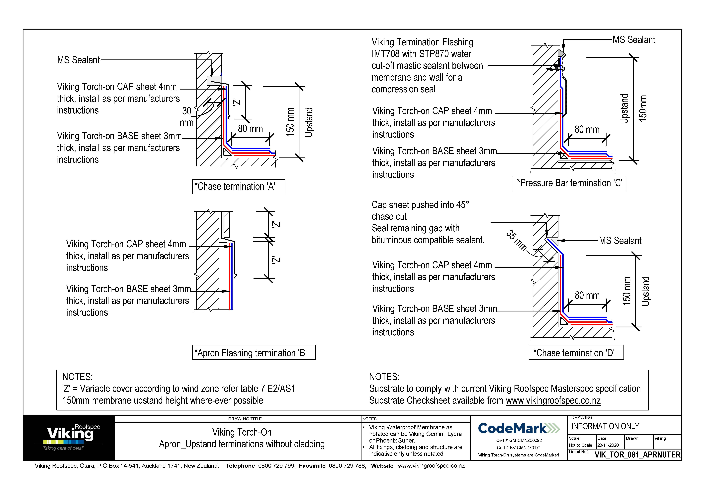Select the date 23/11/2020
click(x=608, y=445)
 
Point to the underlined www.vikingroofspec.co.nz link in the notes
click(x=553, y=400)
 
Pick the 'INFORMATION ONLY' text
click(x=605, y=426)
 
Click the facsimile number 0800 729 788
click(x=347, y=466)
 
